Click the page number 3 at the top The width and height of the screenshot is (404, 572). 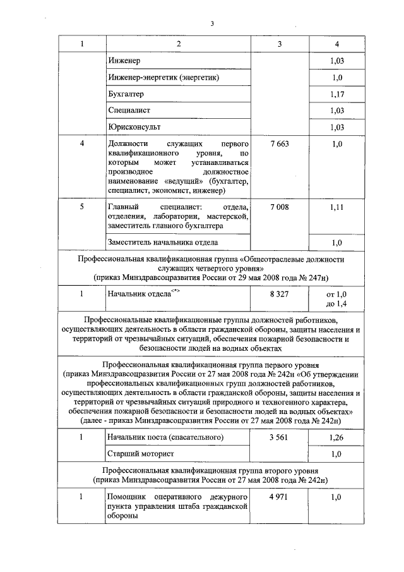(x=213, y=25)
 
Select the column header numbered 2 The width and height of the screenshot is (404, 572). (x=179, y=44)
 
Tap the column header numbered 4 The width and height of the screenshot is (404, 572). (x=336, y=44)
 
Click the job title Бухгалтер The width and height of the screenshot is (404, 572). (x=126, y=94)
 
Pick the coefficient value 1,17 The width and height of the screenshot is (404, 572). (x=336, y=94)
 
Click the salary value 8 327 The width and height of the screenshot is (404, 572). (x=278, y=295)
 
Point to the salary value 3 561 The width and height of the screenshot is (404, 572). (x=278, y=437)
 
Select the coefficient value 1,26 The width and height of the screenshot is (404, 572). (x=336, y=437)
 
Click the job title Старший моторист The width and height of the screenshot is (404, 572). (x=140, y=454)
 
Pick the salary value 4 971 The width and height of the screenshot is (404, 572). (x=278, y=498)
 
